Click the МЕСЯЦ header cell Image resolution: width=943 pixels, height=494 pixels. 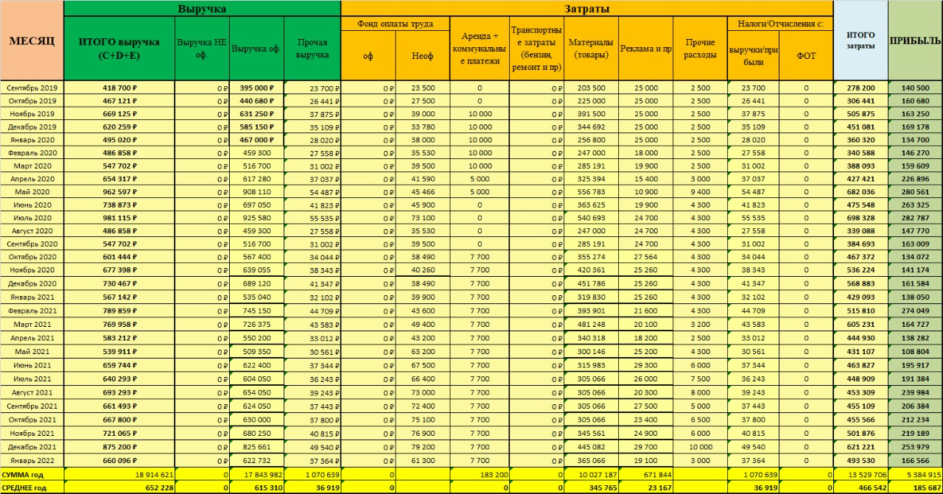32,40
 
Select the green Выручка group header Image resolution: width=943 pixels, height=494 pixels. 202,9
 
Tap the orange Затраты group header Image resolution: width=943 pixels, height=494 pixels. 586,9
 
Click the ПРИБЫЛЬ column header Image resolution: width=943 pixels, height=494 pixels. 915,40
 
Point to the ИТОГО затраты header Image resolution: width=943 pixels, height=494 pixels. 860,40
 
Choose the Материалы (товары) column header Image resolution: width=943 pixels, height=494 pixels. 591,48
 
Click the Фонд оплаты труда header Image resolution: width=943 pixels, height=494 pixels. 395,24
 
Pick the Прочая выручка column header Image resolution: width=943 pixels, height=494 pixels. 312,49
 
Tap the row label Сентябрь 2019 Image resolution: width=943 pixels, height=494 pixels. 32,88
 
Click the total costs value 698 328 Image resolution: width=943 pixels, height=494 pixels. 860,219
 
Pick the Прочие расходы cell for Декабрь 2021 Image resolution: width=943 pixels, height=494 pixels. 700,447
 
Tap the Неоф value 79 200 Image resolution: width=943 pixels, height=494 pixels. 422,447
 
